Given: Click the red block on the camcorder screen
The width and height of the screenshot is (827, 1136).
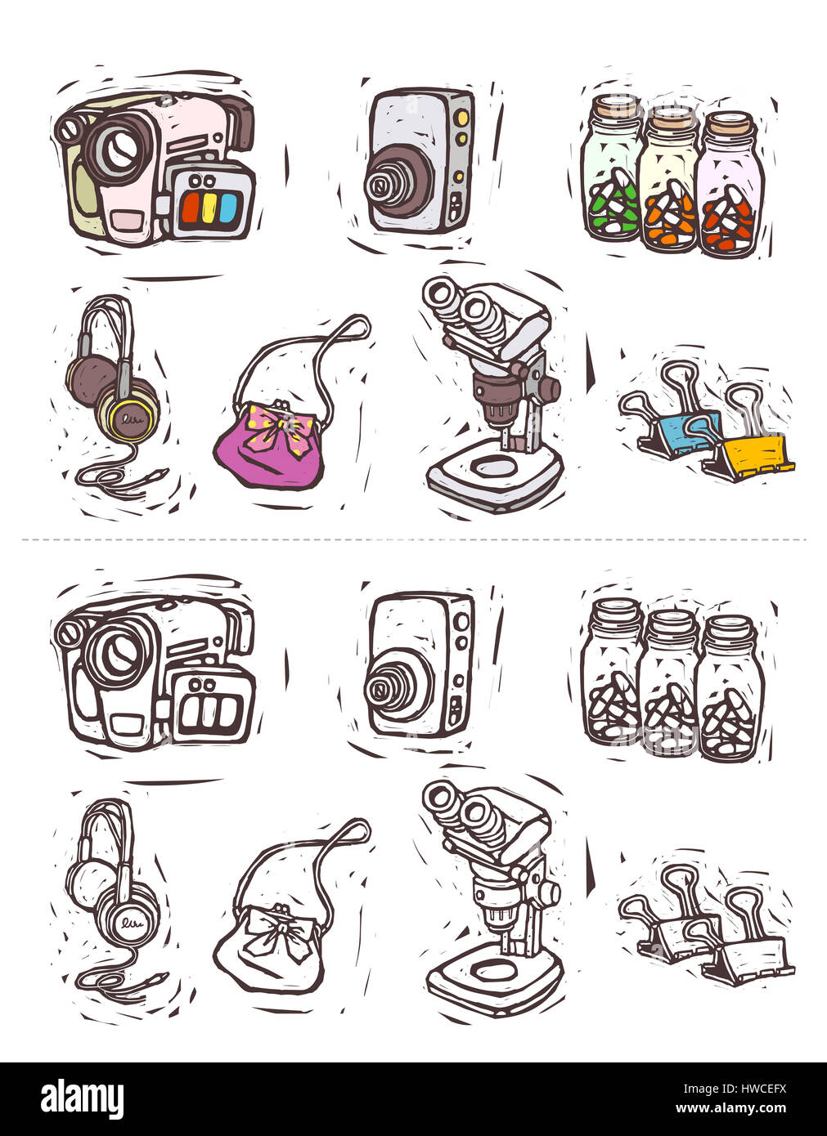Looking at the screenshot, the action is click(x=191, y=208).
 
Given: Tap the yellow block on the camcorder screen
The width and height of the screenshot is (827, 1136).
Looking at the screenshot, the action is click(x=209, y=208).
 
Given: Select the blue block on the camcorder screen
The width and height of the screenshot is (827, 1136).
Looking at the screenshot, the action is click(x=227, y=208).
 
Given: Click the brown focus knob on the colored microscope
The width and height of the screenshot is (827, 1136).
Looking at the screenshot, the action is click(x=549, y=390).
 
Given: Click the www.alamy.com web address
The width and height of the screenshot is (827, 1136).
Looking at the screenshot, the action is click(x=730, y=1107).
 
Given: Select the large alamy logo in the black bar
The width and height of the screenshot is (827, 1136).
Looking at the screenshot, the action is click(x=82, y=1098).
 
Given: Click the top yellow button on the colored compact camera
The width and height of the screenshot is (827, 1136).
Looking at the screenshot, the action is click(x=461, y=119).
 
